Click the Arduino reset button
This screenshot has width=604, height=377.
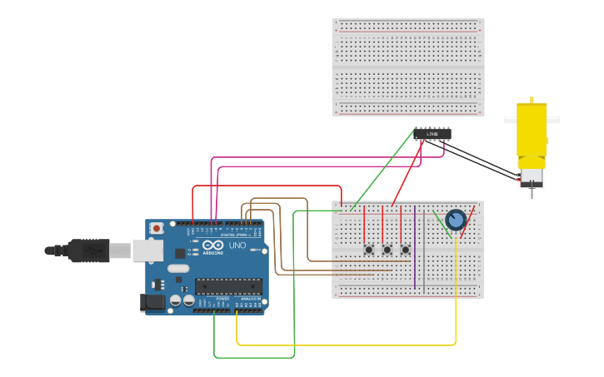pyautogui.click(x=157, y=228)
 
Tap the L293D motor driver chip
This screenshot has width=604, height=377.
pyautogui.click(x=432, y=133)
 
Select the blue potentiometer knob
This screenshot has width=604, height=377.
pyautogui.click(x=456, y=220)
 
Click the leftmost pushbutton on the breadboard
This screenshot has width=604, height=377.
pyautogui.click(x=368, y=249)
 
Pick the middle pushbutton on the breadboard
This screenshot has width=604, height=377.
pyautogui.click(x=387, y=249)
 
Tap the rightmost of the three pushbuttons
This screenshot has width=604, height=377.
pyautogui.click(x=406, y=249)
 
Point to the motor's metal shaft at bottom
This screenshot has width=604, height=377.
pyautogui.click(x=532, y=193)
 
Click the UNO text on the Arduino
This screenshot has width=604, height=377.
pyautogui.click(x=237, y=246)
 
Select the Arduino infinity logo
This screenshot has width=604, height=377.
pyautogui.click(x=212, y=246)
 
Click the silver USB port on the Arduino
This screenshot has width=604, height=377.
pyautogui.click(x=147, y=250)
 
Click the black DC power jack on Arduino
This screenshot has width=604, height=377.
pyautogui.click(x=153, y=302)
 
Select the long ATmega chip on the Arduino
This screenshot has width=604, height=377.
pyautogui.click(x=228, y=286)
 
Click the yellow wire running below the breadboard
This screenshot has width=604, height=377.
pyautogui.click(x=350, y=345)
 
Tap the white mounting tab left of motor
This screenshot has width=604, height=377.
pyautogui.click(x=510, y=120)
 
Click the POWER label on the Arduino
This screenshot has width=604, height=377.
pyautogui.click(x=222, y=299)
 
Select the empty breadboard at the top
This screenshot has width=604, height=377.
pyautogui.click(x=408, y=67)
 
